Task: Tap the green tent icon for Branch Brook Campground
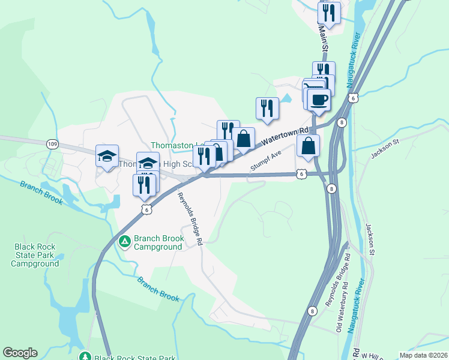125,242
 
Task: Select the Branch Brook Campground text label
158,242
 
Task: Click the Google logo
20,353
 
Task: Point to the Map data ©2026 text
423,355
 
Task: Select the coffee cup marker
319,99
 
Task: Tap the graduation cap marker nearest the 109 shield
107,157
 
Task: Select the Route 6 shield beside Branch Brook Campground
146,208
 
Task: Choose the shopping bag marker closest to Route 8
308,146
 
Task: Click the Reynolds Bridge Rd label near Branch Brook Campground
189,217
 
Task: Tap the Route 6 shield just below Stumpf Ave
300,173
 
